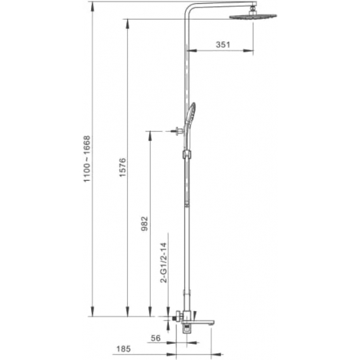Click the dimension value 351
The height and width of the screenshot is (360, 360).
point(223,45)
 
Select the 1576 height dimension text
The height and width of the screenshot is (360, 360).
point(122,167)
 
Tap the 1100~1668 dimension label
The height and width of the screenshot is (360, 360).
point(87,159)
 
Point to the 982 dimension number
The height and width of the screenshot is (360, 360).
point(145,223)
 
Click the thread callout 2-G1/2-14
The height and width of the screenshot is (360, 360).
point(164,262)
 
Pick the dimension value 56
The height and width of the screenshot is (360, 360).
point(156,338)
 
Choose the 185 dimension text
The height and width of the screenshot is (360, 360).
point(124,349)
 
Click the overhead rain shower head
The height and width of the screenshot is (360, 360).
point(253,16)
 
